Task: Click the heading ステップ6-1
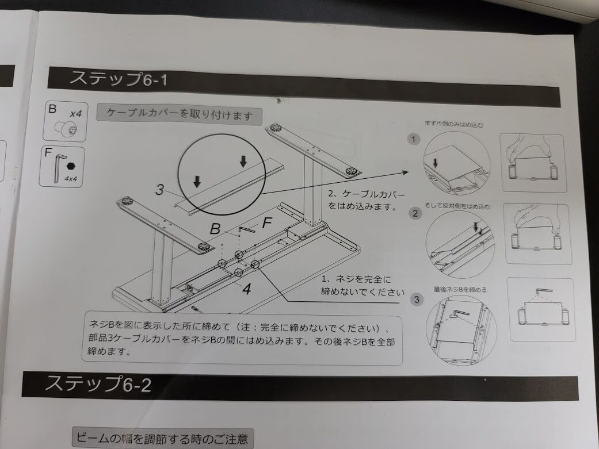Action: (118, 79)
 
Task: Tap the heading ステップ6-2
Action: (98, 384)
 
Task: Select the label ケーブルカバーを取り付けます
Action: (180, 114)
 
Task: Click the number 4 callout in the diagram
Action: (246, 289)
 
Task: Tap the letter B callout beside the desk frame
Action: (215, 229)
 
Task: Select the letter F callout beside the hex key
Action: (267, 223)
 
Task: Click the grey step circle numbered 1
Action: (413, 140)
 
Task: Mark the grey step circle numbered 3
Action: (417, 300)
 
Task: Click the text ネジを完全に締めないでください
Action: (359, 286)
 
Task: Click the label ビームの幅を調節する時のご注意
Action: (162, 439)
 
